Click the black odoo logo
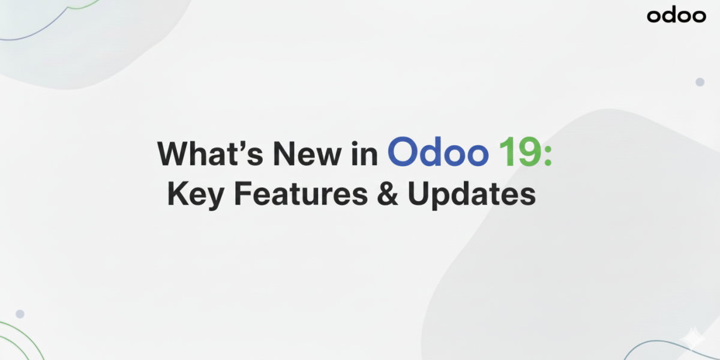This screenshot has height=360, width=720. point(676,16)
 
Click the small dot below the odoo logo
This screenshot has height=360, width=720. point(700,82)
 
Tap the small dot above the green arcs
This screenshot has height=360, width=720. point(20,314)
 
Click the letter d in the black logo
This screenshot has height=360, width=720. point(668,15)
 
